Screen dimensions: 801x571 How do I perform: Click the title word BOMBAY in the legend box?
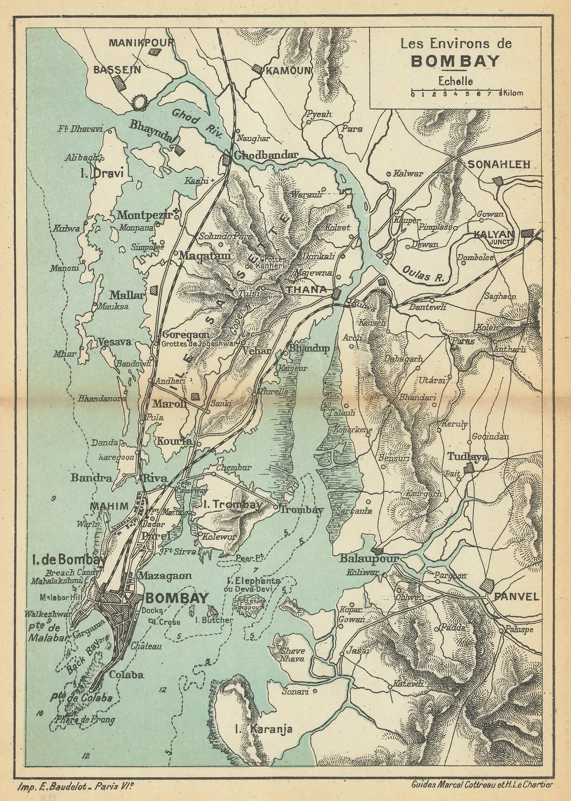pos(454,61)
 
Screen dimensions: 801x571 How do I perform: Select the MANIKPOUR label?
pos(141,42)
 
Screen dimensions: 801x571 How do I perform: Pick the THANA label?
pos(306,289)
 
